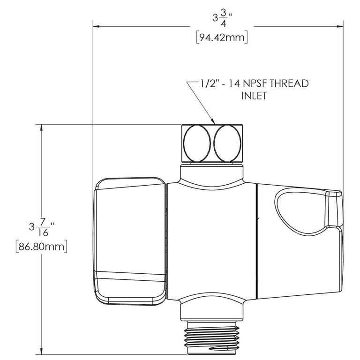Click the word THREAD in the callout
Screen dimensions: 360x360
288,84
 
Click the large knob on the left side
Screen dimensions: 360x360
130,240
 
